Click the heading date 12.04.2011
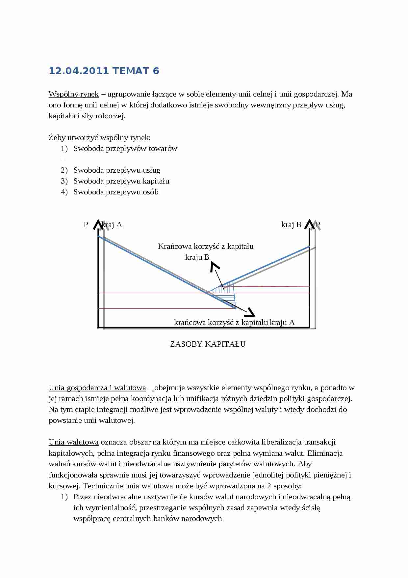tap(79, 71)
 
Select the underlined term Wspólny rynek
tap(74, 94)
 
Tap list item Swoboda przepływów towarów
tap(125, 149)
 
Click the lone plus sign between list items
tap(63, 159)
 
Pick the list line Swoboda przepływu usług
tap(117, 170)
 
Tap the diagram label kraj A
tap(113, 225)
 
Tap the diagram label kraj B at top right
tap(291, 225)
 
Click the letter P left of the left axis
tap(86, 225)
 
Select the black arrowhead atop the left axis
tap(98, 224)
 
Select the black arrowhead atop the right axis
tap(309, 224)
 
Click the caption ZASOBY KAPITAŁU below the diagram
tap(208, 344)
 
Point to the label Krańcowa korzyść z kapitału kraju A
tap(234, 322)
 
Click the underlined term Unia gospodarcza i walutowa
tap(97, 388)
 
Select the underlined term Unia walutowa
tap(74, 442)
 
